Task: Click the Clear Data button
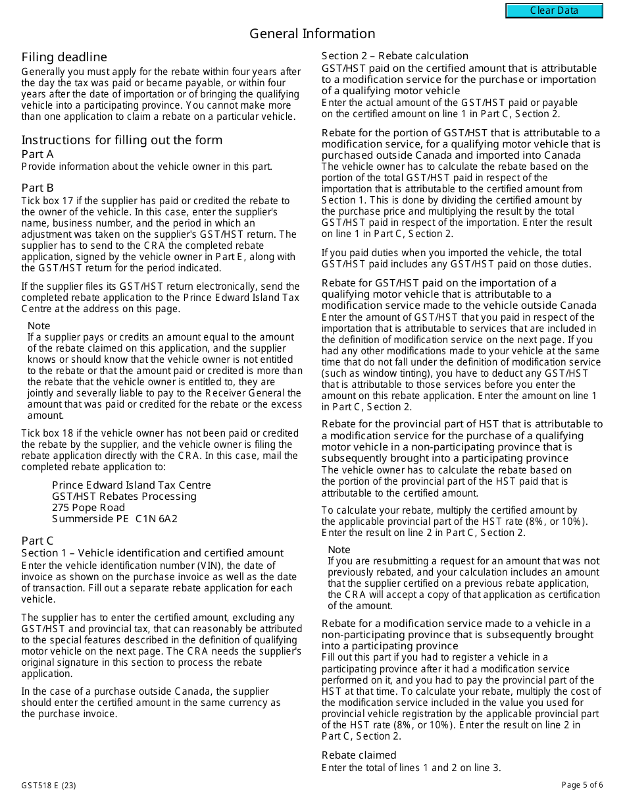(554, 11)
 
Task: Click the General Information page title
(312, 34)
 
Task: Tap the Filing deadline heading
(64, 57)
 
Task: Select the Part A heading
(37, 154)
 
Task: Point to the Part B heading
(37, 188)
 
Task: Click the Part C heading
(37, 541)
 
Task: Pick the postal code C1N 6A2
(157, 518)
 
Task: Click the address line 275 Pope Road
(88, 507)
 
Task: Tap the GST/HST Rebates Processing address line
(124, 496)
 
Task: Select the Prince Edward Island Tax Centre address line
(132, 485)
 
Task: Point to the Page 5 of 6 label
(582, 785)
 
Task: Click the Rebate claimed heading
(359, 755)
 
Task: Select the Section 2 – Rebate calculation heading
(395, 56)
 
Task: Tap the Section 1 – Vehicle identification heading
(152, 553)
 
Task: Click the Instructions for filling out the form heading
(122, 140)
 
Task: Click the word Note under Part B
(39, 326)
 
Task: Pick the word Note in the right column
(339, 550)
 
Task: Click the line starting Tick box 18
(160, 433)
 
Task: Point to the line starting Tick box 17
(155, 201)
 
